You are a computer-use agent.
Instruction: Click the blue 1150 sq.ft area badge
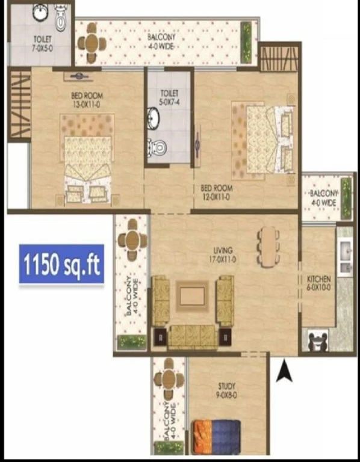click(61, 263)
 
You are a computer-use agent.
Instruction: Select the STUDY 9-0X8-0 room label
click(226, 390)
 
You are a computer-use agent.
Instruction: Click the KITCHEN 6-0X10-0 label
click(318, 283)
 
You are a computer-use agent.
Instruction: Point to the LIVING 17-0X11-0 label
click(223, 255)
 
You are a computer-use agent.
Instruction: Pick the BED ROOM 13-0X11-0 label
click(87, 100)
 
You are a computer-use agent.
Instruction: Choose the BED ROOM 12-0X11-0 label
click(216, 192)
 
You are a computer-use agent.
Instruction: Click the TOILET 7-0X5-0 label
click(43, 43)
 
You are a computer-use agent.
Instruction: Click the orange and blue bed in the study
click(216, 437)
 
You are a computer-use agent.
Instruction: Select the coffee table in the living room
click(192, 296)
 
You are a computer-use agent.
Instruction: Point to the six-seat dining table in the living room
click(268, 247)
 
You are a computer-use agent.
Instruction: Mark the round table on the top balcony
click(92, 43)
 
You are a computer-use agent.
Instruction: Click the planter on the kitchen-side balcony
click(346, 199)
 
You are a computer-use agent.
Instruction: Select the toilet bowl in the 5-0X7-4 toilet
click(157, 147)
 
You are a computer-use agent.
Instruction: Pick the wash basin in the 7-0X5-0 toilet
click(42, 13)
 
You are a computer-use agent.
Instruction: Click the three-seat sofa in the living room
click(192, 337)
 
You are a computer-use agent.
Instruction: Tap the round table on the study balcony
click(169, 378)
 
